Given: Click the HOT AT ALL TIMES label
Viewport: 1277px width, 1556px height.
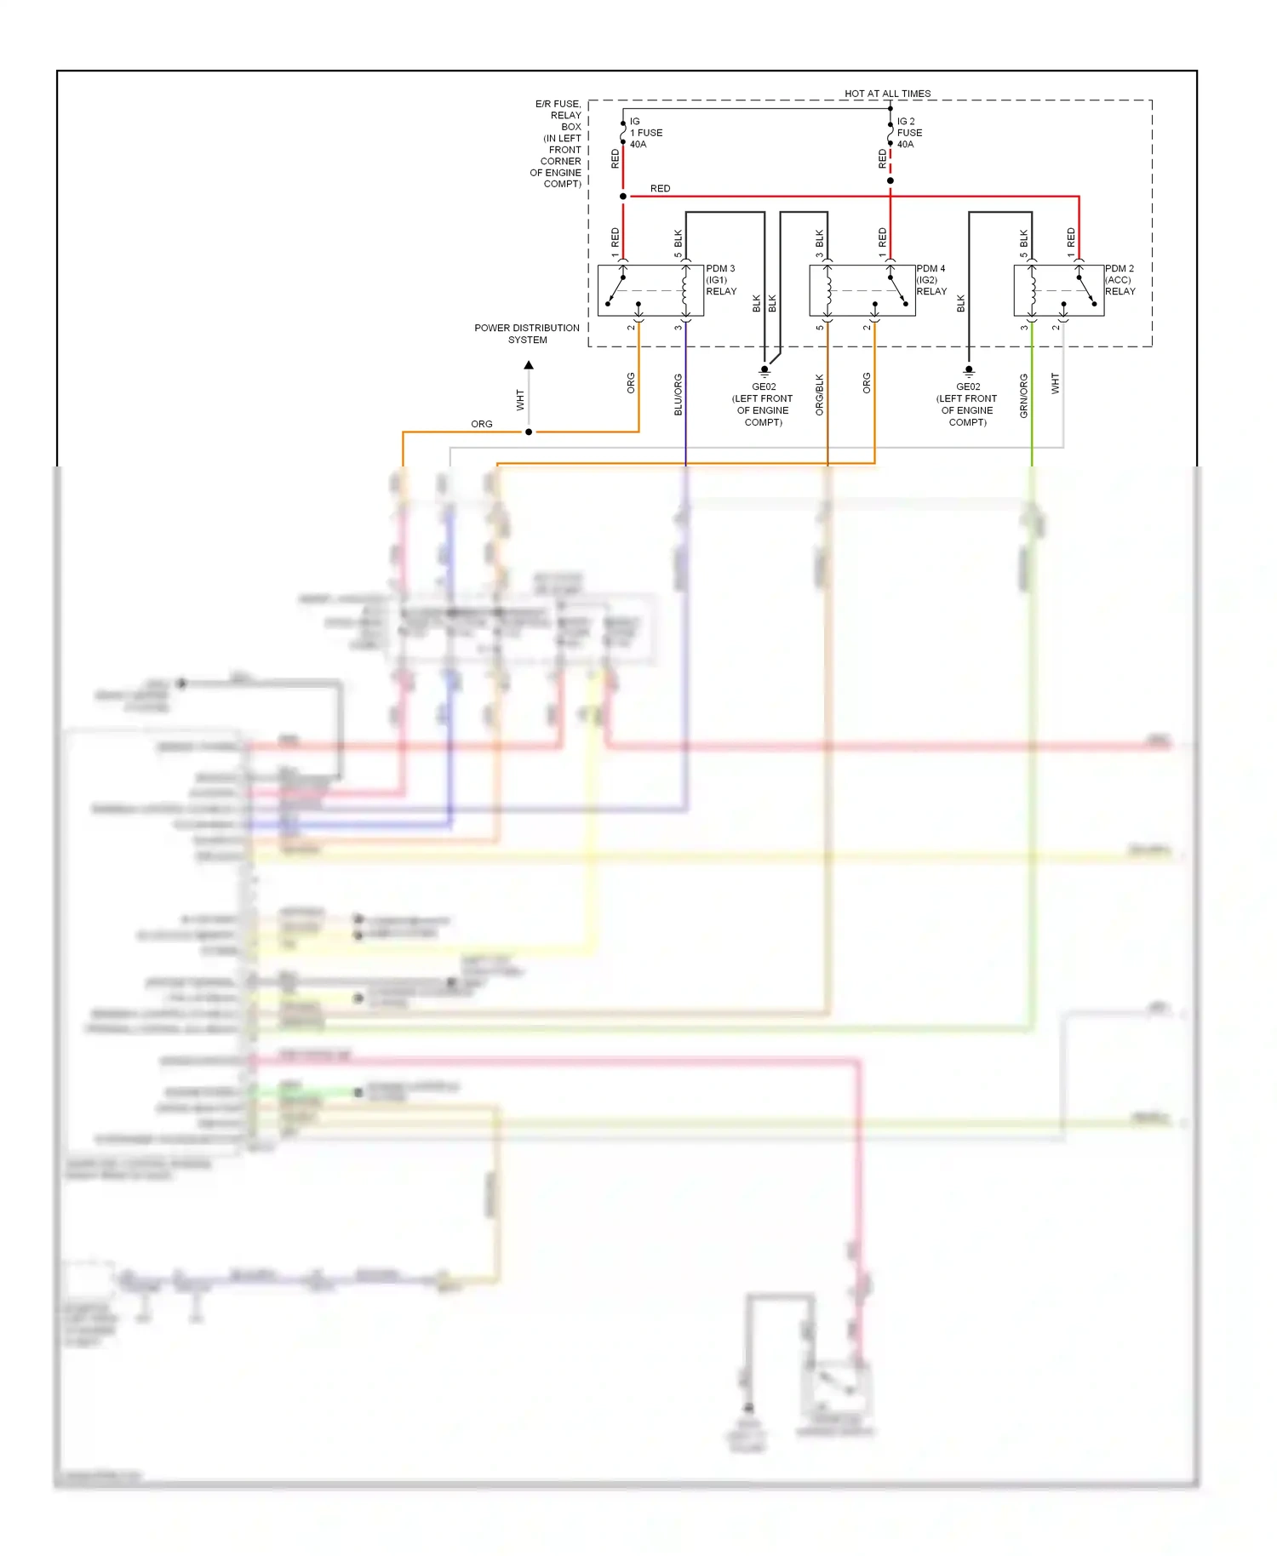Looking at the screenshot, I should (x=887, y=94).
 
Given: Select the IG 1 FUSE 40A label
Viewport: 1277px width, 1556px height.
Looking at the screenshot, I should (x=645, y=133).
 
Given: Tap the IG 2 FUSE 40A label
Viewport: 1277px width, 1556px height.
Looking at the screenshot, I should (x=909, y=133).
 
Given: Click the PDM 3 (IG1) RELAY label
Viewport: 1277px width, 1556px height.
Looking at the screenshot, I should (x=720, y=280).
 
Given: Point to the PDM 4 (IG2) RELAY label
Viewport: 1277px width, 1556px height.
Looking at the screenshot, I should (x=931, y=280).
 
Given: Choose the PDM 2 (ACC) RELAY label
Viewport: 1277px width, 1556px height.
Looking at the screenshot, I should (x=1120, y=280).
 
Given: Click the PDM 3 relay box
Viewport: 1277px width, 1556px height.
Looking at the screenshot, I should (x=650, y=291).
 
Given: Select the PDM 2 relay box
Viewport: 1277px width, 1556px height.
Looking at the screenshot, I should (x=1058, y=291).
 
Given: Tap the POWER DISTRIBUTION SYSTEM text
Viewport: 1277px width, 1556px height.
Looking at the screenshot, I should (x=527, y=334).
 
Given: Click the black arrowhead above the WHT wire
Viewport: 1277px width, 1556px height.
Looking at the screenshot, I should (x=529, y=365).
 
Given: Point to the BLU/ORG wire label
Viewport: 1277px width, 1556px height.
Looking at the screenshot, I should (x=679, y=394).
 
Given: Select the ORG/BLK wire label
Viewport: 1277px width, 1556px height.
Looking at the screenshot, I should (x=820, y=394).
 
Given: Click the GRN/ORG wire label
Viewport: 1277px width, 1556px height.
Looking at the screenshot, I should (x=1024, y=396).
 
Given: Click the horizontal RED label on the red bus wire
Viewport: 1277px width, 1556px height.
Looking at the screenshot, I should (x=660, y=189).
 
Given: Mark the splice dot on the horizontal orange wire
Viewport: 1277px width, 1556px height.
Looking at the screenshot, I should (x=529, y=432).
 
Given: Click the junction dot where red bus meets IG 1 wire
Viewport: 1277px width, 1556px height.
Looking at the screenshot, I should (x=623, y=197).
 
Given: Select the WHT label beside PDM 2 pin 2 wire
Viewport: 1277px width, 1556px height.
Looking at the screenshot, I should (x=1056, y=383).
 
